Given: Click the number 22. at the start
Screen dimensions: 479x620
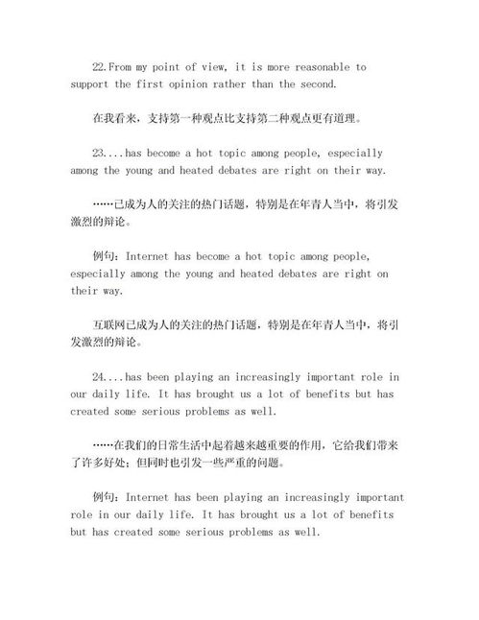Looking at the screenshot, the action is pyautogui.click(x=99, y=67).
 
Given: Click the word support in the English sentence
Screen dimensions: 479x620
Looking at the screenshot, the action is pyautogui.click(x=88, y=84).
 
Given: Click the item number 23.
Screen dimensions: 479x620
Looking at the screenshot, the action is pyautogui.click(x=99, y=153).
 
